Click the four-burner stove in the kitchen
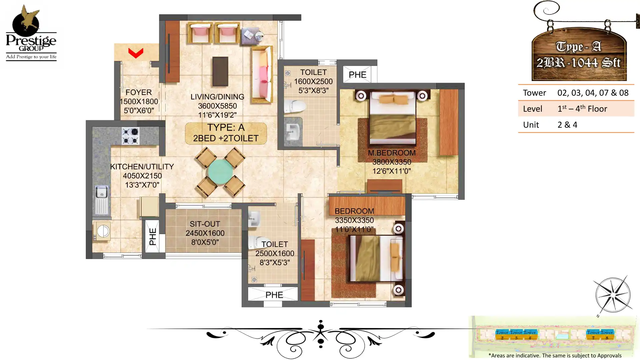[130, 136]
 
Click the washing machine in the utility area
[102, 231]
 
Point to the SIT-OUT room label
[205, 224]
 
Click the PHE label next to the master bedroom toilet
[357, 75]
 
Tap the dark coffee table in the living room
[220, 71]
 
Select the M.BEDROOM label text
[392, 153]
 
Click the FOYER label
[138, 92]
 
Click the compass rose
[613, 295]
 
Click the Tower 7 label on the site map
[593, 334]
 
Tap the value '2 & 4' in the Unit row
[567, 125]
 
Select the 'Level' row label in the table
[532, 109]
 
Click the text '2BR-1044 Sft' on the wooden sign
[578, 63]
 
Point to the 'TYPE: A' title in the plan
[226, 127]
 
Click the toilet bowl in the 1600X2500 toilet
[295, 107]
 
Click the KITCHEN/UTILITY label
[142, 167]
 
